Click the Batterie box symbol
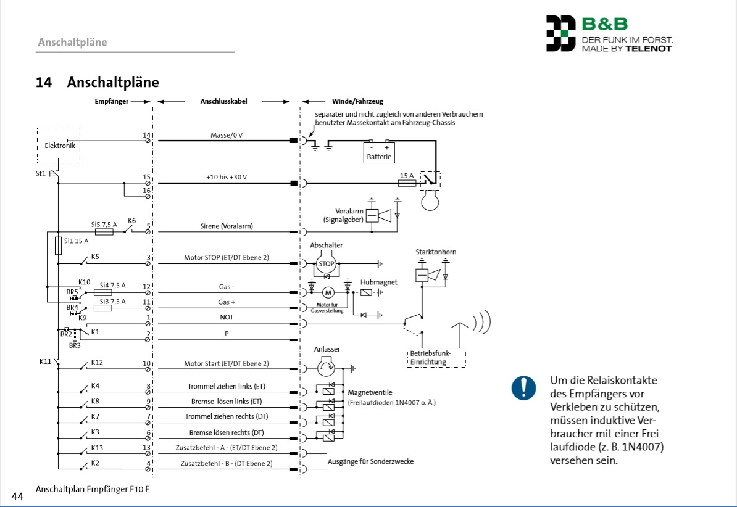click(x=379, y=152)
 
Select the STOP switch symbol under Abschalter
click(x=326, y=263)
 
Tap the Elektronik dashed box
click(x=59, y=146)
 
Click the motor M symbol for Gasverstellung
click(x=328, y=291)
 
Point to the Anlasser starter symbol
click(x=326, y=368)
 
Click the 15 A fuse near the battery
click(x=407, y=183)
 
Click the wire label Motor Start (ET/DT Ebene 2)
click(x=227, y=364)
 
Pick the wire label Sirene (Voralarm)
click(x=227, y=226)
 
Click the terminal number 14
click(x=146, y=134)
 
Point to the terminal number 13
click(x=146, y=447)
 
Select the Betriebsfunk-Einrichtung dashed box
click(x=436, y=358)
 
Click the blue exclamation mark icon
click(x=523, y=388)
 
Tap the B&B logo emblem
click(x=560, y=34)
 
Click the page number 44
click(x=17, y=496)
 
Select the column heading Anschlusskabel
click(x=223, y=101)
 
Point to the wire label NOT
click(x=227, y=317)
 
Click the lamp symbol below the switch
click(x=429, y=199)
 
